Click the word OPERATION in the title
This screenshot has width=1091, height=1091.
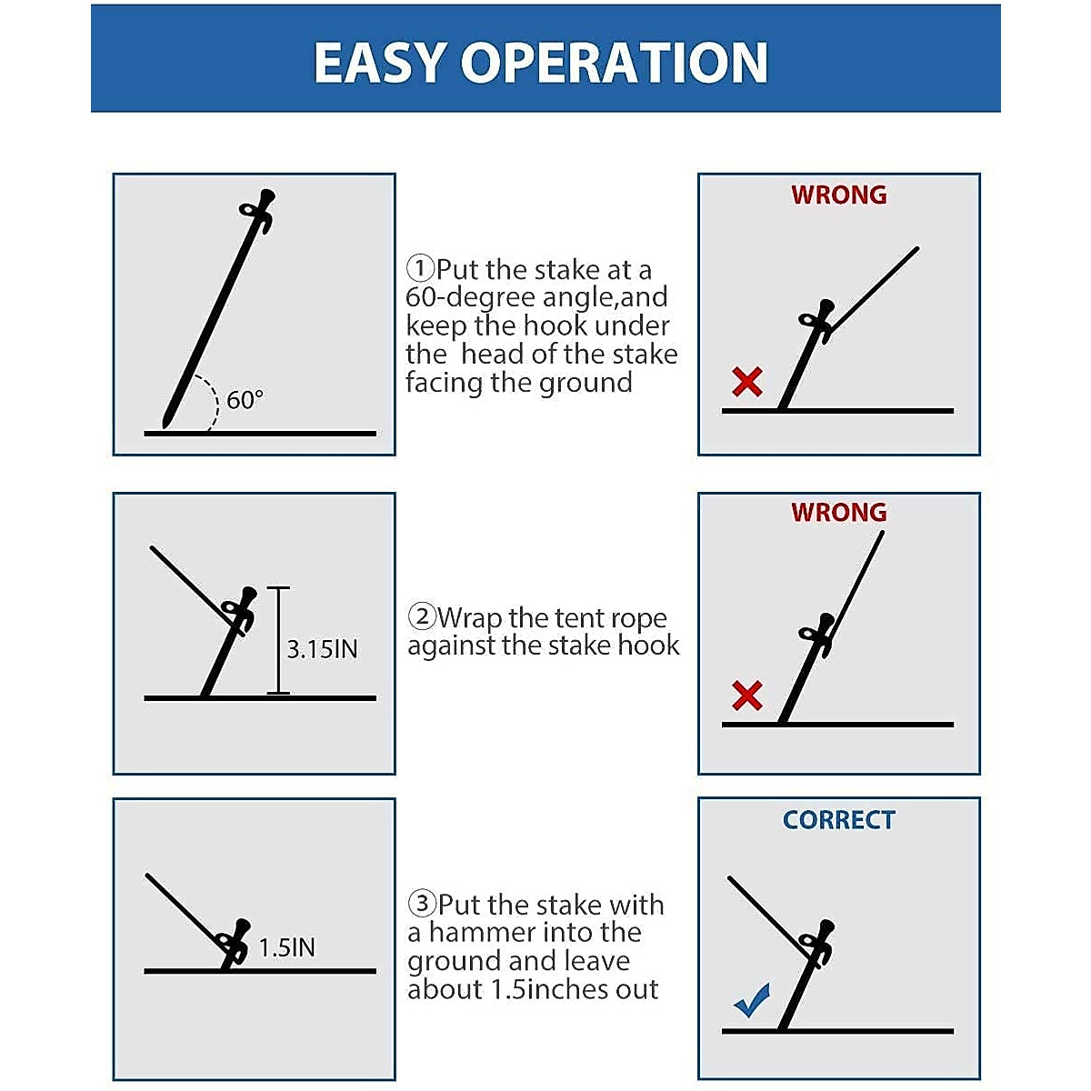(x=615, y=63)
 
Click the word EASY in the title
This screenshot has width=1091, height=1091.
(x=380, y=63)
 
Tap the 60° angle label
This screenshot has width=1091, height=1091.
(x=245, y=400)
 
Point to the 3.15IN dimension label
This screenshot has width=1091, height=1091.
(x=322, y=649)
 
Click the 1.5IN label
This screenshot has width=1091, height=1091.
(x=286, y=947)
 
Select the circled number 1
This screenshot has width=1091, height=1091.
(x=420, y=269)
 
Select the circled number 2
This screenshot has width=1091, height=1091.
(x=422, y=617)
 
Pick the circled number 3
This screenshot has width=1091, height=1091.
(x=422, y=905)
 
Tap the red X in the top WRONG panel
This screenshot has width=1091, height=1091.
(x=747, y=382)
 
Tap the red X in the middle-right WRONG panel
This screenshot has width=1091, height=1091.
(x=747, y=696)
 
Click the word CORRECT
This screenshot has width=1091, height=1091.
(x=838, y=820)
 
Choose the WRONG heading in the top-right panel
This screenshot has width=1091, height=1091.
(x=838, y=195)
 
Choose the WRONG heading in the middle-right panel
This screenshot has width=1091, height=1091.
(x=838, y=513)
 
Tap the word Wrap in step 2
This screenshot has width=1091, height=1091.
(x=471, y=618)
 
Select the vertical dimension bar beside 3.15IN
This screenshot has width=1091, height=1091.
(x=278, y=641)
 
